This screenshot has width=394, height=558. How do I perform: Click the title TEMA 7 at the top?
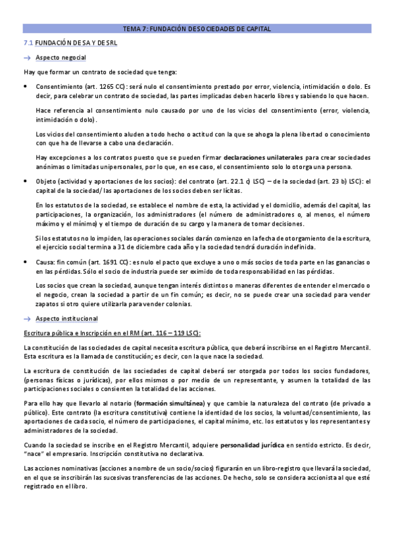click(197, 29)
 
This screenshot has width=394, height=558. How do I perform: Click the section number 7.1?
click(28, 43)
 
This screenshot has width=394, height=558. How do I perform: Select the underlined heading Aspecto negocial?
click(61, 58)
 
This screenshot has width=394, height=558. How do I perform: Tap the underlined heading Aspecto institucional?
click(66, 318)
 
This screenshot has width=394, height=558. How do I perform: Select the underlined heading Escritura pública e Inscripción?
click(111, 333)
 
